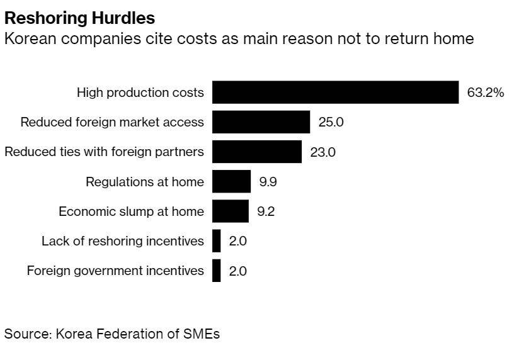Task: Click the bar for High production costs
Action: pos(334,93)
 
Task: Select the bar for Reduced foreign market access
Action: pos(261,122)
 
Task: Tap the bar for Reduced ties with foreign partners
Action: pos(256,152)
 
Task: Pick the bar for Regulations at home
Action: pos(231,182)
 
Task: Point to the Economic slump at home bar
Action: pos(230,211)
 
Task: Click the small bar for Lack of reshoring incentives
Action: pos(216,241)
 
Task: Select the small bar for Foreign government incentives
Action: pos(216,271)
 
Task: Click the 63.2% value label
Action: pos(485,93)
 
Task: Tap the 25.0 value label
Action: pos(331,122)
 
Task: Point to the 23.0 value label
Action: pos(323,152)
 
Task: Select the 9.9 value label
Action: pos(268,182)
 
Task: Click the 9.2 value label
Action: pos(265,211)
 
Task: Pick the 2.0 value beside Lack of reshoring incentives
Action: pos(237,241)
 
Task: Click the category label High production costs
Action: pos(140,93)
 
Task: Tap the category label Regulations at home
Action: pos(145,182)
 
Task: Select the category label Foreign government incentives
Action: pos(115,271)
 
